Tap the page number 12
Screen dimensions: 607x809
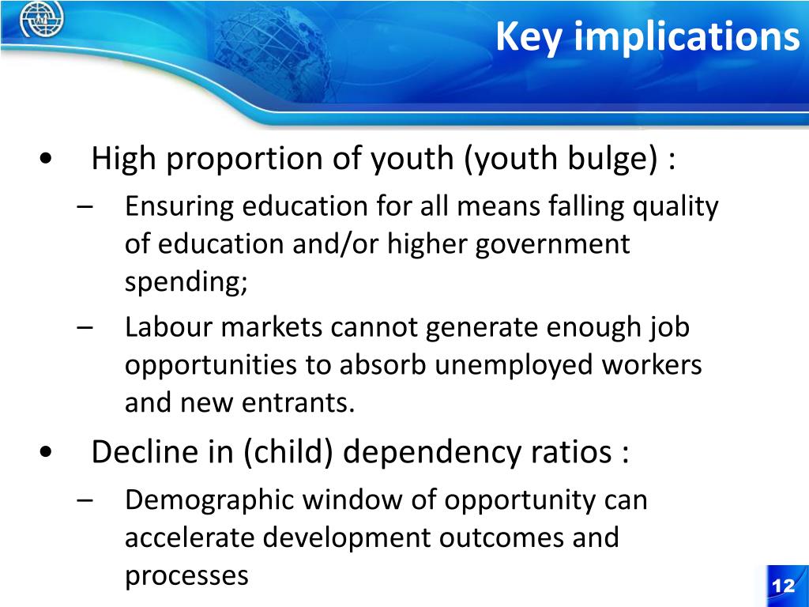click(783, 586)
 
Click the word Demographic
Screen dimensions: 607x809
click(208, 500)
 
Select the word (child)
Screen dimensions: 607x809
click(289, 452)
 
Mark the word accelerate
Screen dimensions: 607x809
click(190, 538)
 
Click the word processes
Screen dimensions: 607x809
click(186, 576)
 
